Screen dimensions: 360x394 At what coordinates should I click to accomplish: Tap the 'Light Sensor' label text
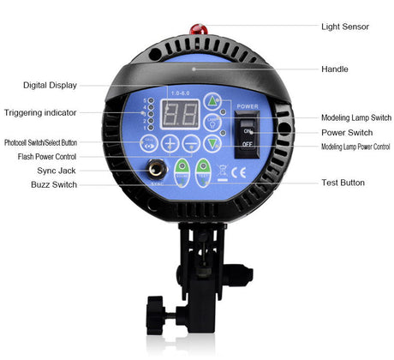pyautogui.click(x=345, y=27)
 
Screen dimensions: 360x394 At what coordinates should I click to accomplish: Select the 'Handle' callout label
pyautogui.click(x=334, y=69)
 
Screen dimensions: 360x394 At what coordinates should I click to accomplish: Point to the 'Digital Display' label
pyautogui.click(x=51, y=85)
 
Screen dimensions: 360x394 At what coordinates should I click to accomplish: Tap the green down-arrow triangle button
pyautogui.click(x=213, y=144)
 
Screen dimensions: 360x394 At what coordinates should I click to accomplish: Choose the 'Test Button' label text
pyautogui.click(x=342, y=183)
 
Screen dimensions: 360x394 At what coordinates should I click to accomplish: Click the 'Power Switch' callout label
pyautogui.click(x=345, y=133)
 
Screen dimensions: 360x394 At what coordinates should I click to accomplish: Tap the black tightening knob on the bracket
pyautogui.click(x=158, y=308)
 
